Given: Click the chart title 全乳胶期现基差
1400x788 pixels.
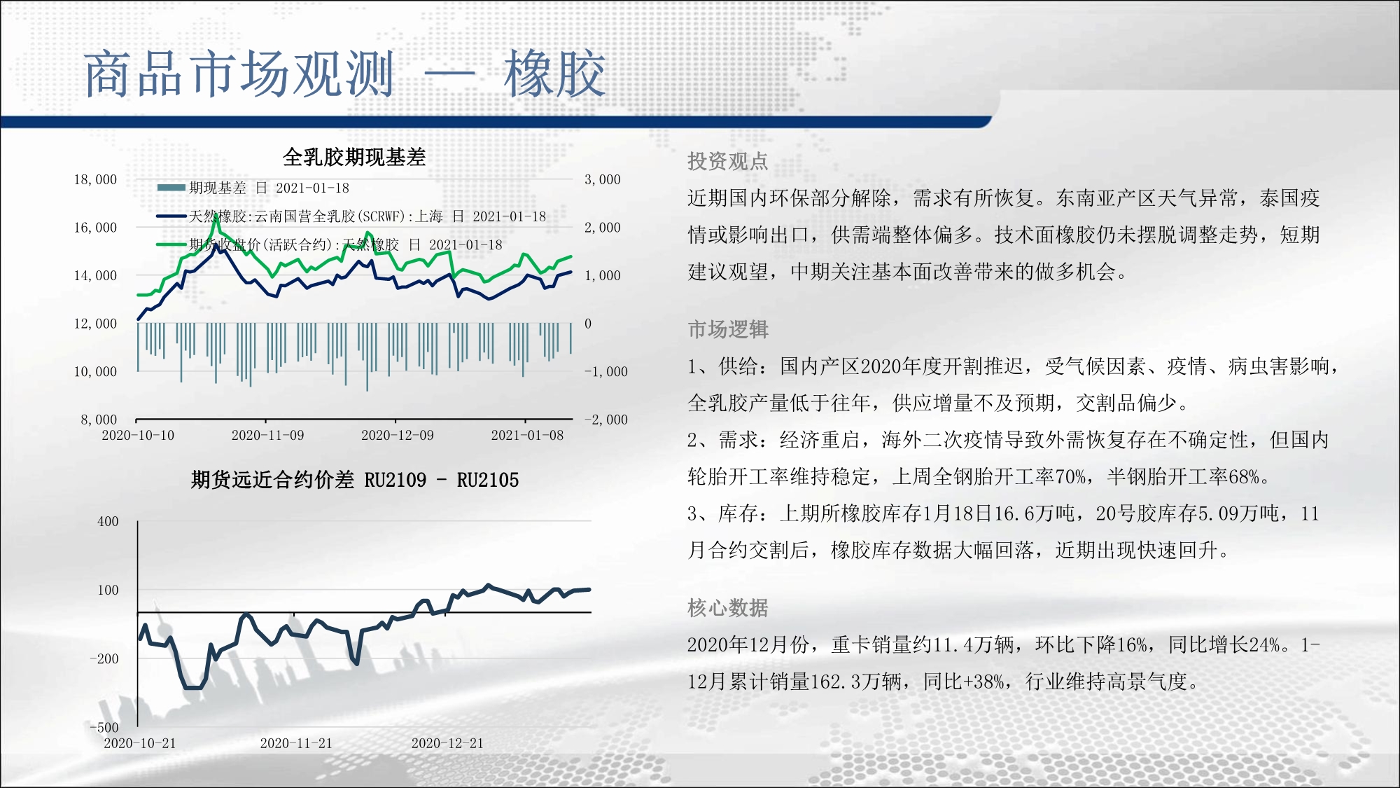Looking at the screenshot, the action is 354,157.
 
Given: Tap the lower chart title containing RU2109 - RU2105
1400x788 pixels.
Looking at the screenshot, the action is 355,480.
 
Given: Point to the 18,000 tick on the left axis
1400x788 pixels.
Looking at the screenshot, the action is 95,180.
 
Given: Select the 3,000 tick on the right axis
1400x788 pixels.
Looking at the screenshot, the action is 603,180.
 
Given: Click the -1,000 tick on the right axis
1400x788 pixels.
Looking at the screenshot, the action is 606,372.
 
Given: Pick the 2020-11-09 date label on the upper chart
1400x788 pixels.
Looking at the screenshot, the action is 267,436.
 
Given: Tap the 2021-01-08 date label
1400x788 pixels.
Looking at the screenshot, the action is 527,436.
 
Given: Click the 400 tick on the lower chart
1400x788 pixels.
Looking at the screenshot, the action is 108,522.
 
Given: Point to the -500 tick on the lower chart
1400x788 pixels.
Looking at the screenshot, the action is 104,728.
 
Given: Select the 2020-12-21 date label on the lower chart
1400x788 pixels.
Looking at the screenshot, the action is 447,744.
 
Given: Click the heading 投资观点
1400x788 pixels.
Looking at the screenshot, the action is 728,162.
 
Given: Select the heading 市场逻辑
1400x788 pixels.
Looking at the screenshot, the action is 728,329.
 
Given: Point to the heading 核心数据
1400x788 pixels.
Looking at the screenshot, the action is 728,608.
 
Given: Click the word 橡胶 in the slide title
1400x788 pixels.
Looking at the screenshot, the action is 554,74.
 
